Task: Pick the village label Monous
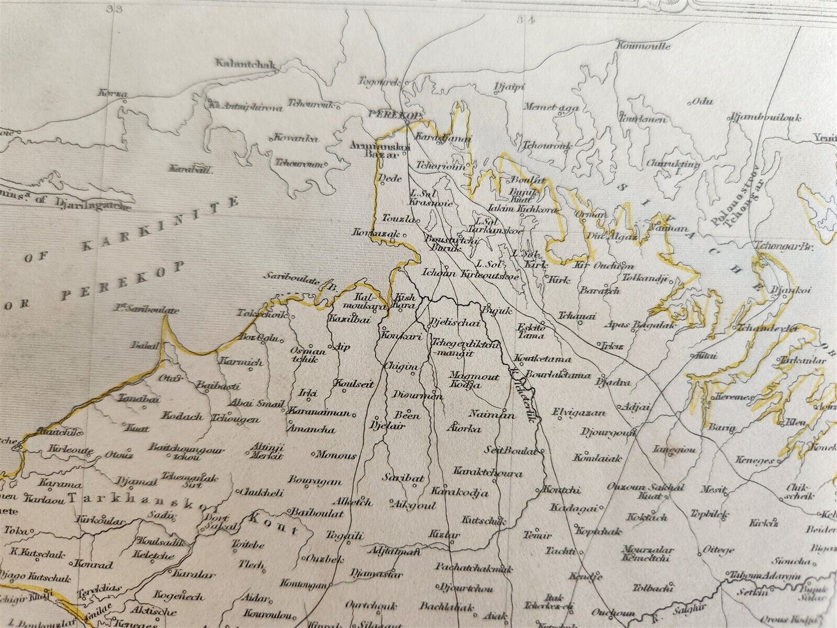(337, 455)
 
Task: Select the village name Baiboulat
(312, 512)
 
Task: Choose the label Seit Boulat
(510, 450)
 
